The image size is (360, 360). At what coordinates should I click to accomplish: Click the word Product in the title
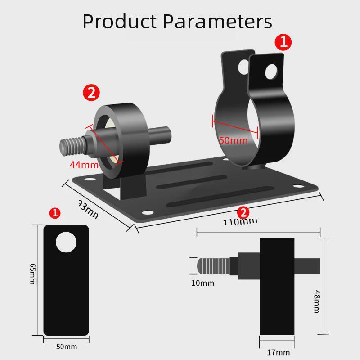[119, 21]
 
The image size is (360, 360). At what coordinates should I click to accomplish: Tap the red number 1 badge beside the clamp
[283, 43]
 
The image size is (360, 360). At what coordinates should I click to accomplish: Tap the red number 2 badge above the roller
[91, 93]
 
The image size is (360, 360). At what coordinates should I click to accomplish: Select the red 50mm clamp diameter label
[233, 140]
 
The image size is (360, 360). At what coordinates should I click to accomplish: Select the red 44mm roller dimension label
[84, 165]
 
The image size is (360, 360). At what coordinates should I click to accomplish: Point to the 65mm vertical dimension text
[32, 274]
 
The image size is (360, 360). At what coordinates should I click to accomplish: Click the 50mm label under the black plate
[67, 346]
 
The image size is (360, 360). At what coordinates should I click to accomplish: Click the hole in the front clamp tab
[271, 71]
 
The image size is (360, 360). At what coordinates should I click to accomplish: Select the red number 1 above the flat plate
[55, 213]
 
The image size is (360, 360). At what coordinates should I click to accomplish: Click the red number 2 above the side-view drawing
[243, 212]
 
